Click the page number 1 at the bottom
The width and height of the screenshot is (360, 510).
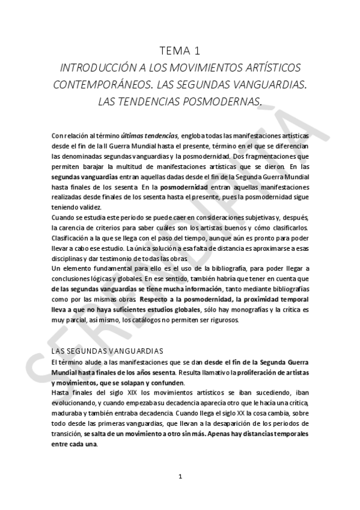[180, 477]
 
